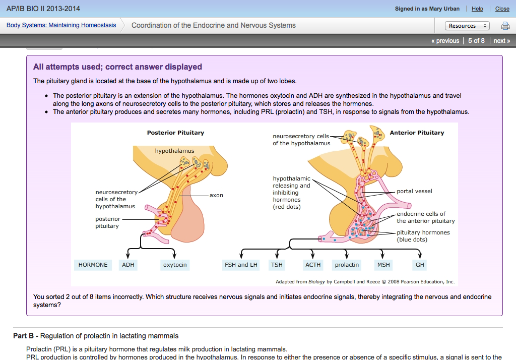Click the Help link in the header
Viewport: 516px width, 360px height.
(x=477, y=9)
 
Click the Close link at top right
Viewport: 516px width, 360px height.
(x=502, y=9)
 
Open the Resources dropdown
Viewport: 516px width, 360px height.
(x=467, y=26)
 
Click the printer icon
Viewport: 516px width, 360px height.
(x=505, y=26)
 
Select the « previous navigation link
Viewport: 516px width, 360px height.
(x=445, y=41)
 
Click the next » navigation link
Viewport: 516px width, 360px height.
(x=502, y=41)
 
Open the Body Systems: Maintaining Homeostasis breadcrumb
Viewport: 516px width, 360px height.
(x=61, y=25)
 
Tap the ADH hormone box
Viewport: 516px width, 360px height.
(x=128, y=265)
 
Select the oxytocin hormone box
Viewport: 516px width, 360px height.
(x=175, y=265)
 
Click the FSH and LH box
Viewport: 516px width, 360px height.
(x=241, y=265)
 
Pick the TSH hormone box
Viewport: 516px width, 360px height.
(x=277, y=265)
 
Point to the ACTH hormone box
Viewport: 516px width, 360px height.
(x=313, y=265)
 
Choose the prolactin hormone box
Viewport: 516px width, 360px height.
(x=347, y=265)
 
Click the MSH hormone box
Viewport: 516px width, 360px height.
(x=383, y=265)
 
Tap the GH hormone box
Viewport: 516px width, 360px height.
(x=420, y=265)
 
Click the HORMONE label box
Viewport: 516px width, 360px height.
(x=93, y=265)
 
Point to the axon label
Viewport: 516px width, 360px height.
(x=216, y=195)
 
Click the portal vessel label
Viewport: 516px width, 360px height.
(x=414, y=191)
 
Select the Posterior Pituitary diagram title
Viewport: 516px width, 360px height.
(x=175, y=133)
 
